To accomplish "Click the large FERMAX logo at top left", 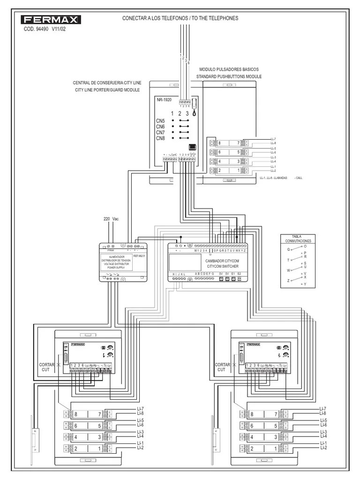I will point(51,20).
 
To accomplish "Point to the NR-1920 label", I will point(164,100).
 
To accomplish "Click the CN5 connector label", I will point(160,121).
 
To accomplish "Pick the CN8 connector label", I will point(160,138).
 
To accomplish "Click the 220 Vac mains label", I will point(111,219).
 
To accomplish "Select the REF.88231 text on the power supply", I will point(139,256).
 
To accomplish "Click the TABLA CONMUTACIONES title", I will point(298,238).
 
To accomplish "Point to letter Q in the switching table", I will point(288,249).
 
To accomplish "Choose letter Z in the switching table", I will point(288,280).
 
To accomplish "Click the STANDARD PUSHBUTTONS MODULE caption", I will point(229,76).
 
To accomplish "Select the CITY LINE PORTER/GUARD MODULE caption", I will point(107,90).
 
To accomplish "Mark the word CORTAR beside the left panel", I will point(46,364).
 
